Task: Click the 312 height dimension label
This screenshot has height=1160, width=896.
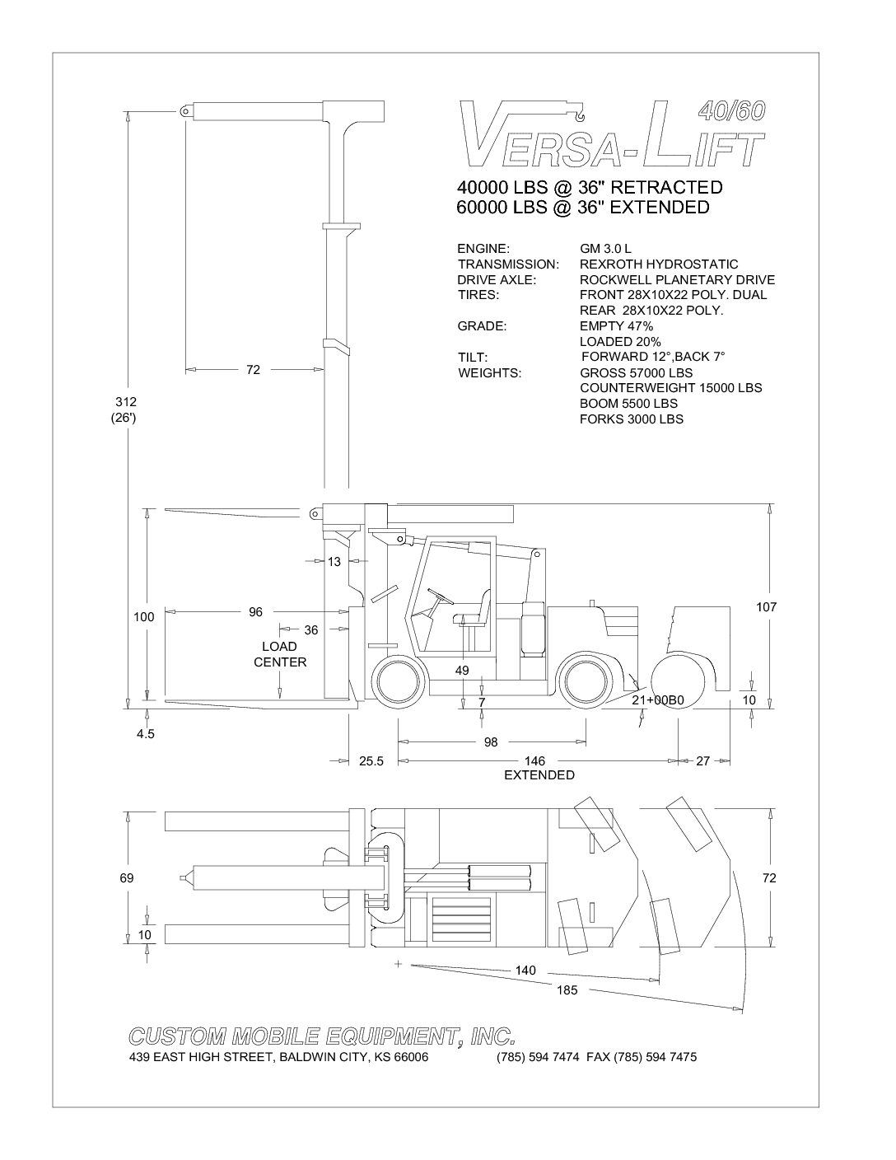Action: click(126, 402)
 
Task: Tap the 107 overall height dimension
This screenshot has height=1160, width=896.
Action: click(767, 607)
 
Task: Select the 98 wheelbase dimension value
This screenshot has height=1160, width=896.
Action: click(491, 742)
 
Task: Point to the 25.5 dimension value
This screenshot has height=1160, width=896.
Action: click(371, 761)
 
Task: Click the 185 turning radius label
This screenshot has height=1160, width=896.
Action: click(567, 990)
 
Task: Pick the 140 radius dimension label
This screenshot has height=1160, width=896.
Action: click(525, 970)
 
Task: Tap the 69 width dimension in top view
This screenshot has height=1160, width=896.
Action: click(127, 878)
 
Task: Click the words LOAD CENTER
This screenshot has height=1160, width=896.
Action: click(280, 654)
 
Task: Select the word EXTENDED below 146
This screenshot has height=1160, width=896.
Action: click(539, 775)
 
